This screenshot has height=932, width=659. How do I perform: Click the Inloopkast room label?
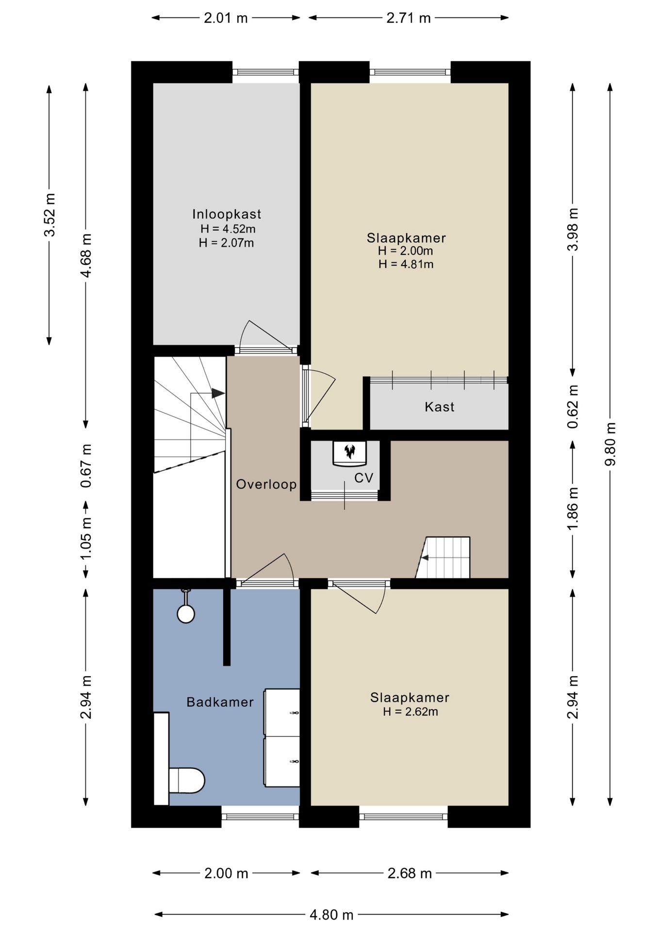pyautogui.click(x=227, y=214)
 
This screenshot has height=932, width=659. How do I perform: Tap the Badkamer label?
pyautogui.click(x=220, y=702)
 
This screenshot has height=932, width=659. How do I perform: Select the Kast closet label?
pyautogui.click(x=439, y=407)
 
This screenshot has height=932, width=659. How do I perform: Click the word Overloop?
pyautogui.click(x=266, y=484)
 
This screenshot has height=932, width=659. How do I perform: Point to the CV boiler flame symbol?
pyautogui.click(x=349, y=452)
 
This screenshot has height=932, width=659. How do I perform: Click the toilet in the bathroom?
pyautogui.click(x=186, y=780)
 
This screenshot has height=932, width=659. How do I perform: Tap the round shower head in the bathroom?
pyautogui.click(x=186, y=614)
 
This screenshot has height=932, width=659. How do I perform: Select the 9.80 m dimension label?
pyautogui.click(x=610, y=444)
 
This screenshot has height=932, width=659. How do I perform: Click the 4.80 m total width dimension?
pyautogui.click(x=331, y=915)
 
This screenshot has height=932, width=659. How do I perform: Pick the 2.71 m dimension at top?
pyautogui.click(x=408, y=18)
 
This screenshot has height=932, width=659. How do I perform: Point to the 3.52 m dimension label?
pyautogui.click(x=49, y=215)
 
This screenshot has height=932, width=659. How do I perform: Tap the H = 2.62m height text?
pyautogui.click(x=410, y=712)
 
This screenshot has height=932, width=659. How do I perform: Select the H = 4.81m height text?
pyautogui.click(x=406, y=265)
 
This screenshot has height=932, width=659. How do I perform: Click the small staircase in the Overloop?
pyautogui.click(x=445, y=558)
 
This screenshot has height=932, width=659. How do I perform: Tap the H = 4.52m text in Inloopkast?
pyautogui.click(x=228, y=229)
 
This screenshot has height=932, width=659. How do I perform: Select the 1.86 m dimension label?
pyautogui.click(x=573, y=508)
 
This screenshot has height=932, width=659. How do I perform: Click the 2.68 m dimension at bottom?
pyautogui.click(x=409, y=873)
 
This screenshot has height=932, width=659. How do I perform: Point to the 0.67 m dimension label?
pyautogui.click(x=86, y=466)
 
